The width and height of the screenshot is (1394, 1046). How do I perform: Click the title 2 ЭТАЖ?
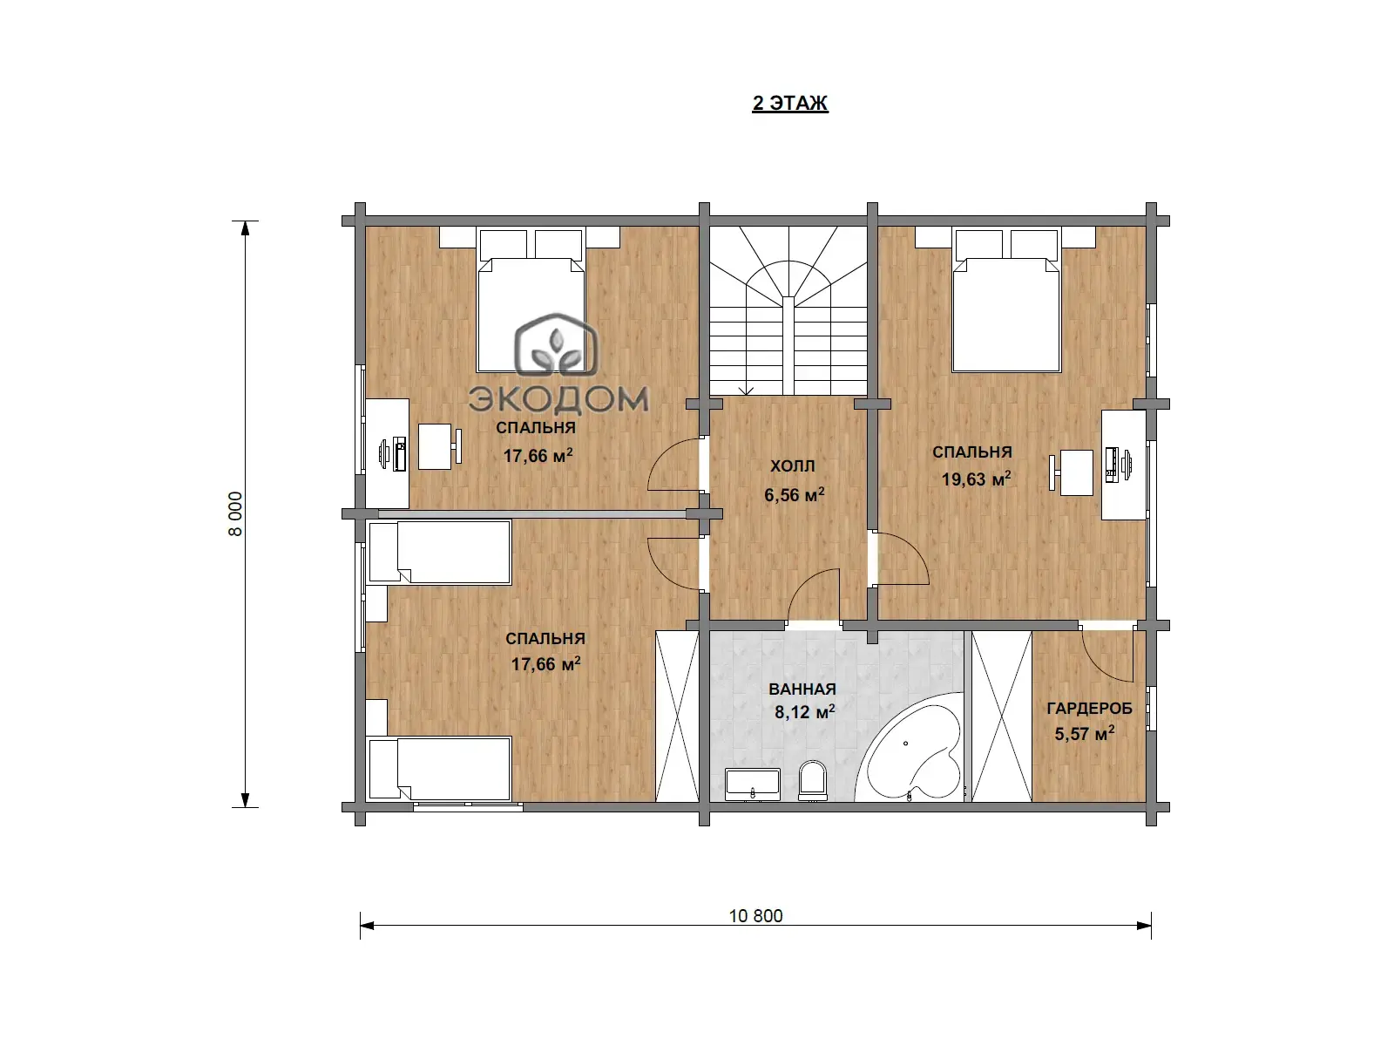click(x=789, y=103)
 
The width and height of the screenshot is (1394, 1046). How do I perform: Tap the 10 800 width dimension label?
click(x=755, y=916)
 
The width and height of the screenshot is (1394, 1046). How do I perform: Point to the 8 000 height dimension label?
click(x=235, y=513)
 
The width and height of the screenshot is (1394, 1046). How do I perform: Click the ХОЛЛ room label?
click(x=792, y=466)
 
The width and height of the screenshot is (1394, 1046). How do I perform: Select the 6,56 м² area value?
click(x=794, y=494)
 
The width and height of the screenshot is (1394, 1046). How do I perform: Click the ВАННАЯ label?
click(x=802, y=689)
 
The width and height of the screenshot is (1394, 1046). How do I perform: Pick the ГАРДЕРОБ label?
click(x=1089, y=708)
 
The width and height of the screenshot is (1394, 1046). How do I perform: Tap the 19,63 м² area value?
click(x=976, y=479)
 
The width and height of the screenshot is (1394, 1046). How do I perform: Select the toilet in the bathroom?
click(x=812, y=780)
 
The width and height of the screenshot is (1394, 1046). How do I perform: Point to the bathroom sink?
click(x=753, y=784)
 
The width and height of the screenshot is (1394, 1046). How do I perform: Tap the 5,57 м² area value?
click(x=1084, y=734)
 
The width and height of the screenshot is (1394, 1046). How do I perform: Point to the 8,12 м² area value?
click(x=804, y=712)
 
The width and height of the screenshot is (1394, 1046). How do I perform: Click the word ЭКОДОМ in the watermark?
click(x=558, y=399)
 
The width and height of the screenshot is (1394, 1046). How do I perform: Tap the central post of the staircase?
click(x=788, y=346)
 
